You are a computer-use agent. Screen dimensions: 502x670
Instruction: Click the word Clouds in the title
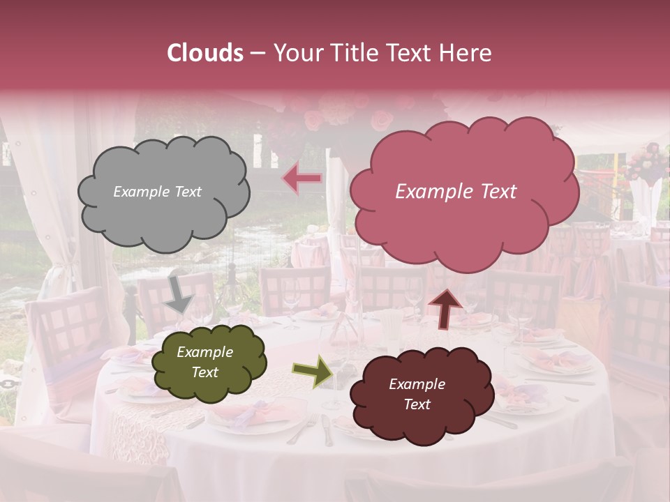pyautogui.click(x=206, y=53)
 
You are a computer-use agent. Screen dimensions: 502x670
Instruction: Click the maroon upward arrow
pyautogui.click(x=445, y=308)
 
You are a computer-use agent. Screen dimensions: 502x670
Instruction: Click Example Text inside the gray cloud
pyautogui.click(x=157, y=192)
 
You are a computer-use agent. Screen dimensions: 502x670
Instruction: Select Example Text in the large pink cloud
pyautogui.click(x=456, y=192)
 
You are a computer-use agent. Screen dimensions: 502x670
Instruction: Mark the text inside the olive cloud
pyautogui.click(x=204, y=363)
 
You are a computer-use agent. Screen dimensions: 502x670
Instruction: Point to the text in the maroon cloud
pyautogui.click(x=417, y=394)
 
